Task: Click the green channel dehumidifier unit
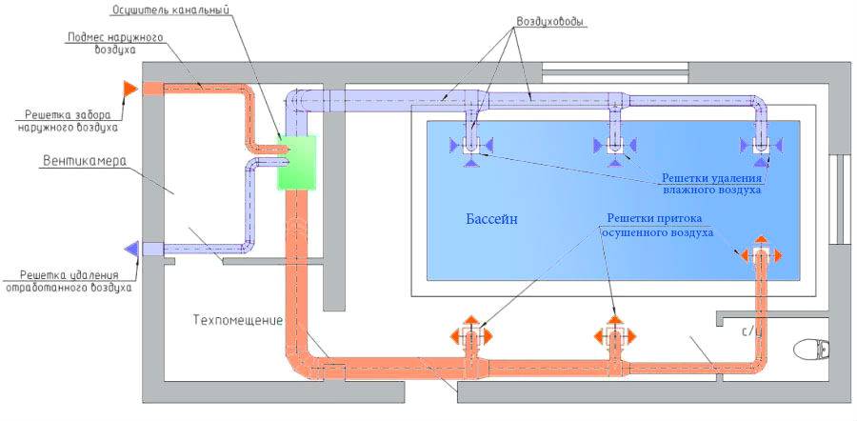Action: [x=296, y=161]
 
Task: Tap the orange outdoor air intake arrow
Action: [x=130, y=88]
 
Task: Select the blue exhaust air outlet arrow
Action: [x=131, y=250]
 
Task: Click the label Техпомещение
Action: [x=237, y=320]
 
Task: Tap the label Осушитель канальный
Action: [x=186, y=10]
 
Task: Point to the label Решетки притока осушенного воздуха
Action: [x=657, y=224]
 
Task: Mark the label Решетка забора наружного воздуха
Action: [x=67, y=118]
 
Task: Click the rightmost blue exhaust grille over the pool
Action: [x=761, y=146]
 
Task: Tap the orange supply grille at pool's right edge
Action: [x=761, y=255]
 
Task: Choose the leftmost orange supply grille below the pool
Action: [x=471, y=336]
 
